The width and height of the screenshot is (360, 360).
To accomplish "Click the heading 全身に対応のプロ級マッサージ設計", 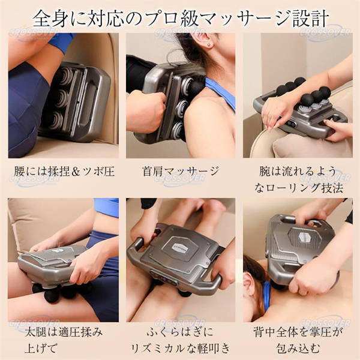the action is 181,19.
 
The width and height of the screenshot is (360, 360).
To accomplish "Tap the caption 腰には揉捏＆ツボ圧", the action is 65,172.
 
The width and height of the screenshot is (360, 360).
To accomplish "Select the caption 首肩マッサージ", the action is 181,172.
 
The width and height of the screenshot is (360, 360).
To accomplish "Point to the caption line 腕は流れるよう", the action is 298,171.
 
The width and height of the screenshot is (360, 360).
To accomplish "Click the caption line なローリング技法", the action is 299,188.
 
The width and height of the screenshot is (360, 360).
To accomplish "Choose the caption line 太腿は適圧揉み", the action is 64,332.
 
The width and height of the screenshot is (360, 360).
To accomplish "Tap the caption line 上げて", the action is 41,349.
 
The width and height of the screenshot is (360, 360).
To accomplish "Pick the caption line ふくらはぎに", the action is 180,332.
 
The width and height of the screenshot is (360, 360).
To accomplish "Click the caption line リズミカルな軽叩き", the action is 181,349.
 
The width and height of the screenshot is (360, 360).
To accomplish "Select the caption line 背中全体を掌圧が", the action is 298,332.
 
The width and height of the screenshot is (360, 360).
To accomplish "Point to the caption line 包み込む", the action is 298,349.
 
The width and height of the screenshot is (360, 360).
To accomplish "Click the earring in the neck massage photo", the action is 209,44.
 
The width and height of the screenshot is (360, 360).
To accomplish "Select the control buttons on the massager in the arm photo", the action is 291,124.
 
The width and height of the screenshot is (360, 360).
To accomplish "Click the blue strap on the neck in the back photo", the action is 267,296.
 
